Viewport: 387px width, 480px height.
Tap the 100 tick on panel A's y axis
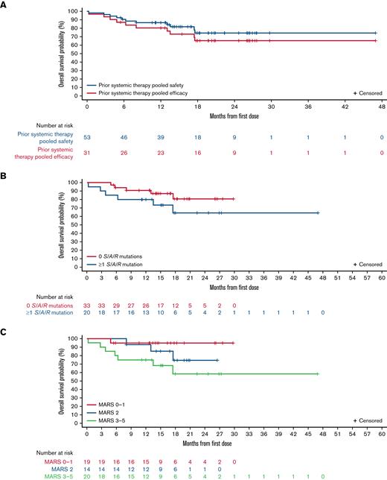[77, 12]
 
